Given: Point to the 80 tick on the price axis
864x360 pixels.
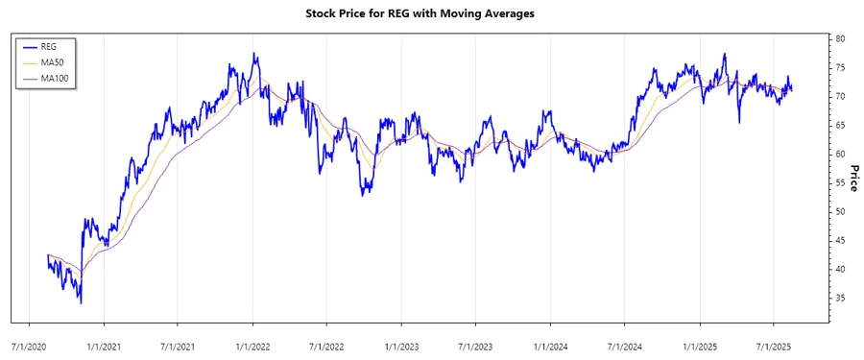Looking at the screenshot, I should [840, 38].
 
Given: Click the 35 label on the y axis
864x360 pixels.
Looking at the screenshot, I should [840, 299].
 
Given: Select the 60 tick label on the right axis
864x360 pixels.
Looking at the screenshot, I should [840, 154].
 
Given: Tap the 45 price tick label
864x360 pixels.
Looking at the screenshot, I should [840, 240].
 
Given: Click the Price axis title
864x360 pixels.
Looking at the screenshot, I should [854, 177].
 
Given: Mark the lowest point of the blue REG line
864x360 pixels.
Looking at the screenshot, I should [81, 303].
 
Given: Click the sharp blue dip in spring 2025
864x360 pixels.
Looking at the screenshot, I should [739, 122].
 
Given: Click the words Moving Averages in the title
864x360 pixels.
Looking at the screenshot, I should [490, 13].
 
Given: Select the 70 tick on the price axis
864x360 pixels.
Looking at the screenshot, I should [840, 96].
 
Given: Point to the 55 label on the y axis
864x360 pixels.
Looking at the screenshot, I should [840, 182].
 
